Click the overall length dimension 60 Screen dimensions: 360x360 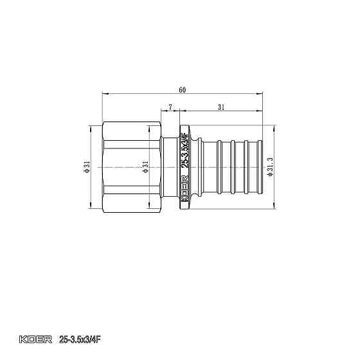coord(183,91)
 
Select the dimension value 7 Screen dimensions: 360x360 coord(170,105)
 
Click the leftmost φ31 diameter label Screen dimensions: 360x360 coord(86,168)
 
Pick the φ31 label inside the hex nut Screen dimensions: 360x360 coord(145,168)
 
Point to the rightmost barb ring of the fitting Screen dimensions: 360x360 coord(252,168)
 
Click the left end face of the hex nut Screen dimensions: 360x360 coord(102,168)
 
